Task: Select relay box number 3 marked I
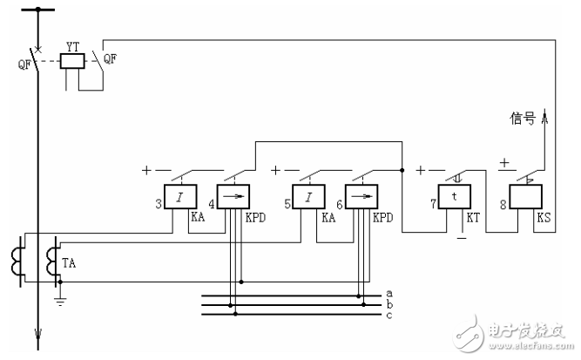click(179, 198)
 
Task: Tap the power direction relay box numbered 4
click(233, 198)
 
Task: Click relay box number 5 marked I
click(307, 198)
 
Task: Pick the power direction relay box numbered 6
click(360, 198)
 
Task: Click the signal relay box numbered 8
click(526, 198)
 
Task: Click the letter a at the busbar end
click(388, 293)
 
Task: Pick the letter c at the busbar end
click(388, 314)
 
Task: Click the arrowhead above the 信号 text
click(547, 112)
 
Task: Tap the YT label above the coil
click(74, 43)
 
